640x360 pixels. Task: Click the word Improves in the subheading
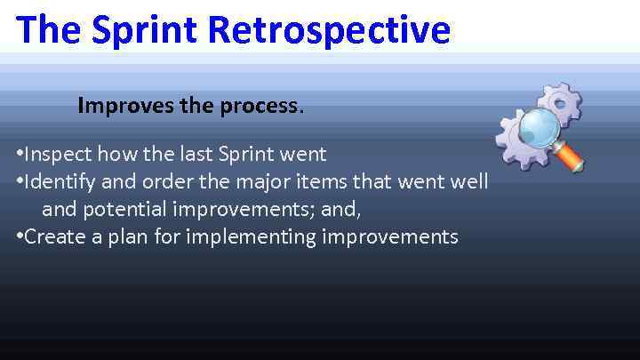click(x=118, y=106)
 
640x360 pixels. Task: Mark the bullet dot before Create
click(x=20, y=237)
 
